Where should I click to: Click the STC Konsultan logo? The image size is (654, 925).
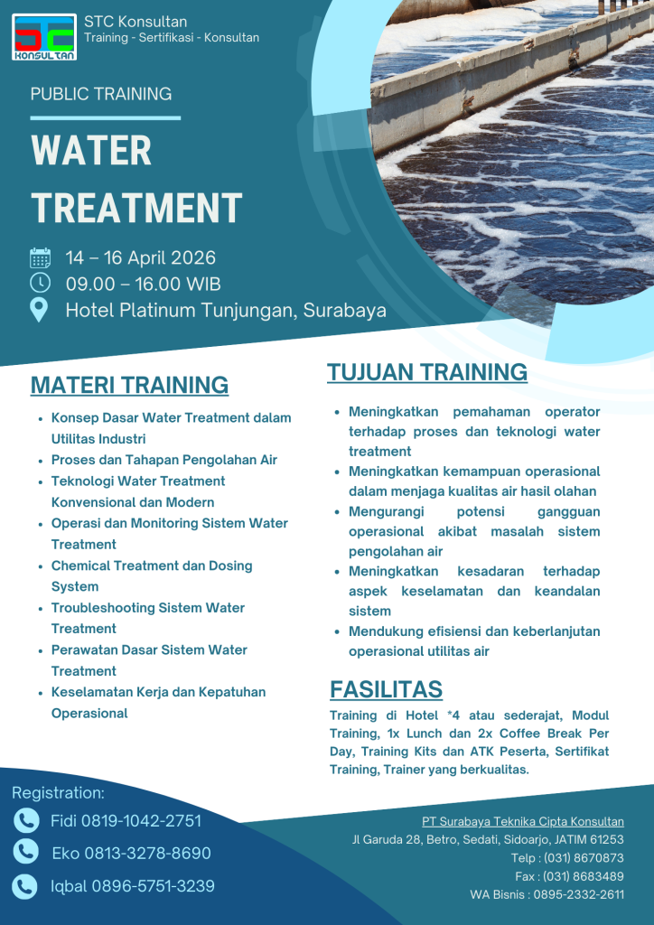tap(44, 36)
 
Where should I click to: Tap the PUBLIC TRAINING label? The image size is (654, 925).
tap(100, 94)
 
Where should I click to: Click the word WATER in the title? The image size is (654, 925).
tap(91, 151)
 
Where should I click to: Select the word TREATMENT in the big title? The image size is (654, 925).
tap(136, 208)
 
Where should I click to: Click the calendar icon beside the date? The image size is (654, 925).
tap(40, 258)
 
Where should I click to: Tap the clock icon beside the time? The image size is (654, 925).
tap(40, 284)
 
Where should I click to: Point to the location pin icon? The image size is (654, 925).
tap(40, 310)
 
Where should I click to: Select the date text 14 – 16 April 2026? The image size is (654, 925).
tap(140, 258)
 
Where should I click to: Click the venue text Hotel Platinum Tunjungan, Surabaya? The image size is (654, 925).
tap(226, 311)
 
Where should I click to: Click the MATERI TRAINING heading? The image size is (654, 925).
tap(129, 385)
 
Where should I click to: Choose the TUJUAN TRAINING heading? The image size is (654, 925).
tap(426, 372)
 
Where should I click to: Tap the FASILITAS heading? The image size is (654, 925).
tap(386, 689)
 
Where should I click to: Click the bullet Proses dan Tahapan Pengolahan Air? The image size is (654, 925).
tap(163, 460)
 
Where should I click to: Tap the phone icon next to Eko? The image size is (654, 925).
tap(26, 852)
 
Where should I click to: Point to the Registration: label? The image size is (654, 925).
tap(58, 793)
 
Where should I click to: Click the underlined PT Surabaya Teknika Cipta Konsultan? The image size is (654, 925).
tap(522, 821)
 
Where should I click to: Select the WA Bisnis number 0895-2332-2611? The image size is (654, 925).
tap(578, 894)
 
